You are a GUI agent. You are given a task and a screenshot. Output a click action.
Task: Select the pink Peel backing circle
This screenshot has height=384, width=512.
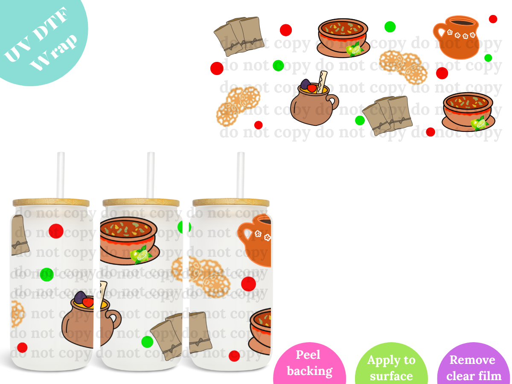coord(309,363)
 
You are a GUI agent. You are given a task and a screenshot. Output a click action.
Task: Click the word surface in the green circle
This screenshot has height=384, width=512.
coord(391,376)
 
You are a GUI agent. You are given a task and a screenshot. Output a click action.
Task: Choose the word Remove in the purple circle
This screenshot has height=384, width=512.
coord(472,360)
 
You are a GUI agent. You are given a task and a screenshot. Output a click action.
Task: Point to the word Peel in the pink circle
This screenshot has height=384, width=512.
coord(308,355)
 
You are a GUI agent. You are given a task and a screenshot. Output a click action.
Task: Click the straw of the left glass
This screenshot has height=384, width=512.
coord(61,175)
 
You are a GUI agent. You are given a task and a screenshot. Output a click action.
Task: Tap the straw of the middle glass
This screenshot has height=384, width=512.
coord(151,175)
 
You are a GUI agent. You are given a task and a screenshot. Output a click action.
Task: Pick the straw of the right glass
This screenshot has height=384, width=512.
coord(241,175)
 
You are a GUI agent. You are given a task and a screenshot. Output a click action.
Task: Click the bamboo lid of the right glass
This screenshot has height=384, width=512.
coord(231,202)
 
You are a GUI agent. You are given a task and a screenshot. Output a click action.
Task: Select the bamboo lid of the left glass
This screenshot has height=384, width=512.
coord(51,202)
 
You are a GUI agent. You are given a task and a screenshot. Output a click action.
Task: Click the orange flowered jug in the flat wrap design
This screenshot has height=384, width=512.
coord(456,37)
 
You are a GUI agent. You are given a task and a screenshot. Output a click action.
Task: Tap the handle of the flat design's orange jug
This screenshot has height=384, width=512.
coord(439,32)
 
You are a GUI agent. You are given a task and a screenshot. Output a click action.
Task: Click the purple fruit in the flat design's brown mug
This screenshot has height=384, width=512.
coord(305,84)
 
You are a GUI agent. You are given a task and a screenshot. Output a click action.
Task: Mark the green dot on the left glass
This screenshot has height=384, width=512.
coord(47,274)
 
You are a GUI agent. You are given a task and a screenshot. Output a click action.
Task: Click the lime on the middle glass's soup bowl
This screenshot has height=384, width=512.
coord(140,255)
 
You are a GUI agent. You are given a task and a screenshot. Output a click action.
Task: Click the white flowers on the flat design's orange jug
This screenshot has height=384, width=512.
coord(461,35)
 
